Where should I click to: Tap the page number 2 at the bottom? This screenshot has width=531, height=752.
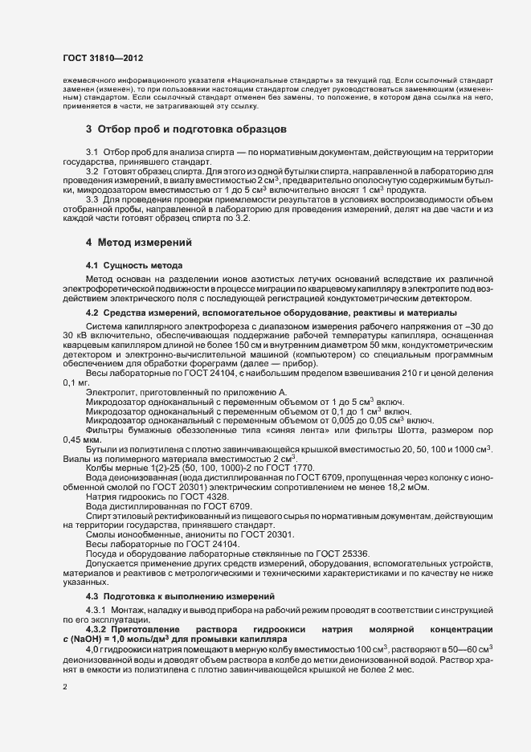coord(65,688)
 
